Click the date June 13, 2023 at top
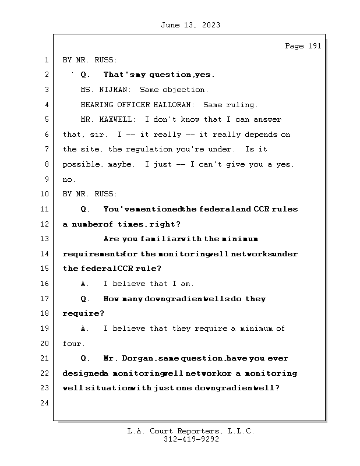pos(189,25)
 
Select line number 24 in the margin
pos(46,403)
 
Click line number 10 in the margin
pos(46,194)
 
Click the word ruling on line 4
pos(244,105)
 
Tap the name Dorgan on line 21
pos(139,358)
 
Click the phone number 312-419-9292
pos(191,440)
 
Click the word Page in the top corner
pos(294,46)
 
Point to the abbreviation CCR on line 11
pos(260,209)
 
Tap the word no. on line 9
pos(69,179)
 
